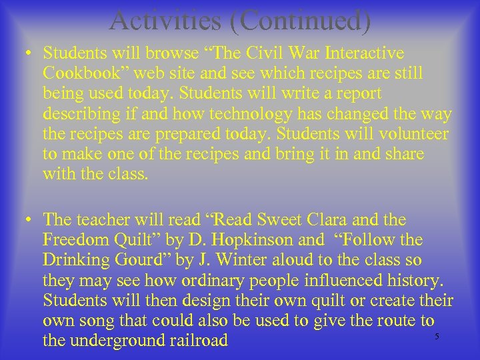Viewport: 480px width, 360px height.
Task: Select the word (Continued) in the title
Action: [304, 20]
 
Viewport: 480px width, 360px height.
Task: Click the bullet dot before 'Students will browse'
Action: [31, 53]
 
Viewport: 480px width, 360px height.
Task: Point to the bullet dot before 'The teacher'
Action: [31, 219]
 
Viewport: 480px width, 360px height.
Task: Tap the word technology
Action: [230, 114]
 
